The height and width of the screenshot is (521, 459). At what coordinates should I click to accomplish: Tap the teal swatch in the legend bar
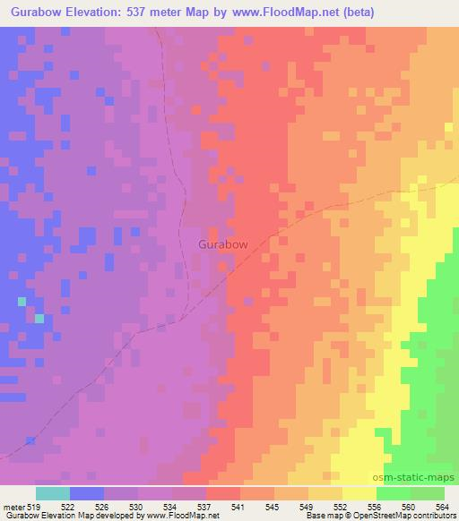click(x=53, y=493)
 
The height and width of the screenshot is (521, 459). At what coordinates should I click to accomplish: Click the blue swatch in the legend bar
click(x=87, y=493)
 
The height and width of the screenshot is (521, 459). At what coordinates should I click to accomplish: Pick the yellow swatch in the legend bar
click(x=359, y=493)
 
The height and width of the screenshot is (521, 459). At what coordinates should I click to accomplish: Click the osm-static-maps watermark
click(x=415, y=478)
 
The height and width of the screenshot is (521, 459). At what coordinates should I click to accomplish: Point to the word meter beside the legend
click(x=14, y=508)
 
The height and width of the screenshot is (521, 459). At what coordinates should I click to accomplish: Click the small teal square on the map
click(x=39, y=318)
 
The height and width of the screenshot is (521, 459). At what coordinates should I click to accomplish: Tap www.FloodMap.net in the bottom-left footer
click(x=182, y=517)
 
